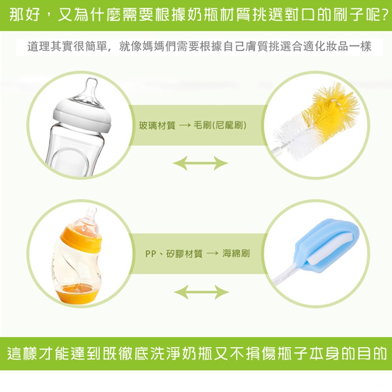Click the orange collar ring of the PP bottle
(81, 239)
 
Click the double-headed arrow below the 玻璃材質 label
(200, 163)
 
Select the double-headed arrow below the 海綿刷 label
(201, 292)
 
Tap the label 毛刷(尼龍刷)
(220, 125)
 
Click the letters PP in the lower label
(151, 254)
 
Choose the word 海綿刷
(236, 254)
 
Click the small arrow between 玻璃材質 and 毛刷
(185, 125)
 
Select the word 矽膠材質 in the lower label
(184, 254)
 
